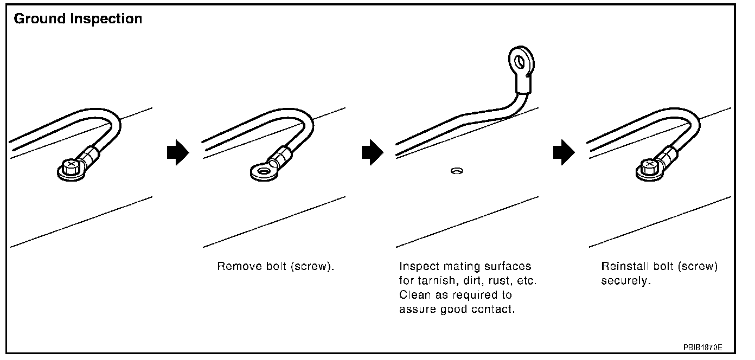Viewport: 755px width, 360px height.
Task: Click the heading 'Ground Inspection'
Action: (x=78, y=19)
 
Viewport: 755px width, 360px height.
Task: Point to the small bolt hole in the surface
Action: (x=456, y=171)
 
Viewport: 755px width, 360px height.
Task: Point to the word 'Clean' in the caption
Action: (x=413, y=295)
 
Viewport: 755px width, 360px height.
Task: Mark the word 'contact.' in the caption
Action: (x=494, y=310)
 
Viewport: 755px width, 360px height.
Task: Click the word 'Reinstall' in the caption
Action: (x=624, y=267)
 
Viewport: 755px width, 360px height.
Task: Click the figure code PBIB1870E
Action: (x=702, y=346)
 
